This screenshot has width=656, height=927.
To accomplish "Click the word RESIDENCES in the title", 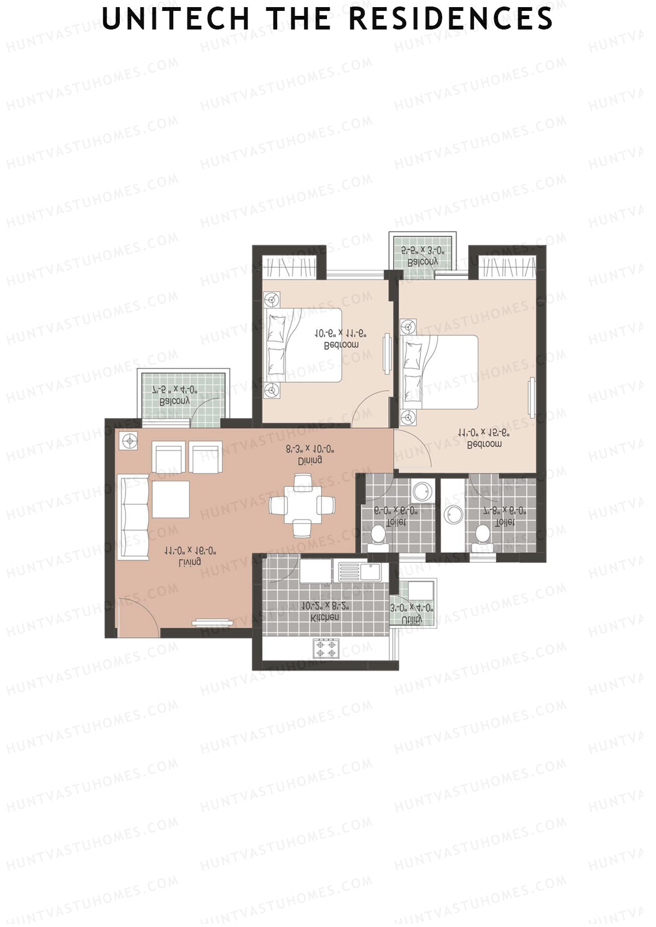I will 451,19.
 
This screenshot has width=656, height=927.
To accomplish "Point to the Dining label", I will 309,460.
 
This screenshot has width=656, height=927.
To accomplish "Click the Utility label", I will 412,619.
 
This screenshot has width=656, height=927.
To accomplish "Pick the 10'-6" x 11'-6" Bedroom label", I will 341,345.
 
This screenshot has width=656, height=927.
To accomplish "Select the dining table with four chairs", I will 302,505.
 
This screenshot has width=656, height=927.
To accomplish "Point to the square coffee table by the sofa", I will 171,499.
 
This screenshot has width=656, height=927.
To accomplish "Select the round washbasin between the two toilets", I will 453,514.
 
